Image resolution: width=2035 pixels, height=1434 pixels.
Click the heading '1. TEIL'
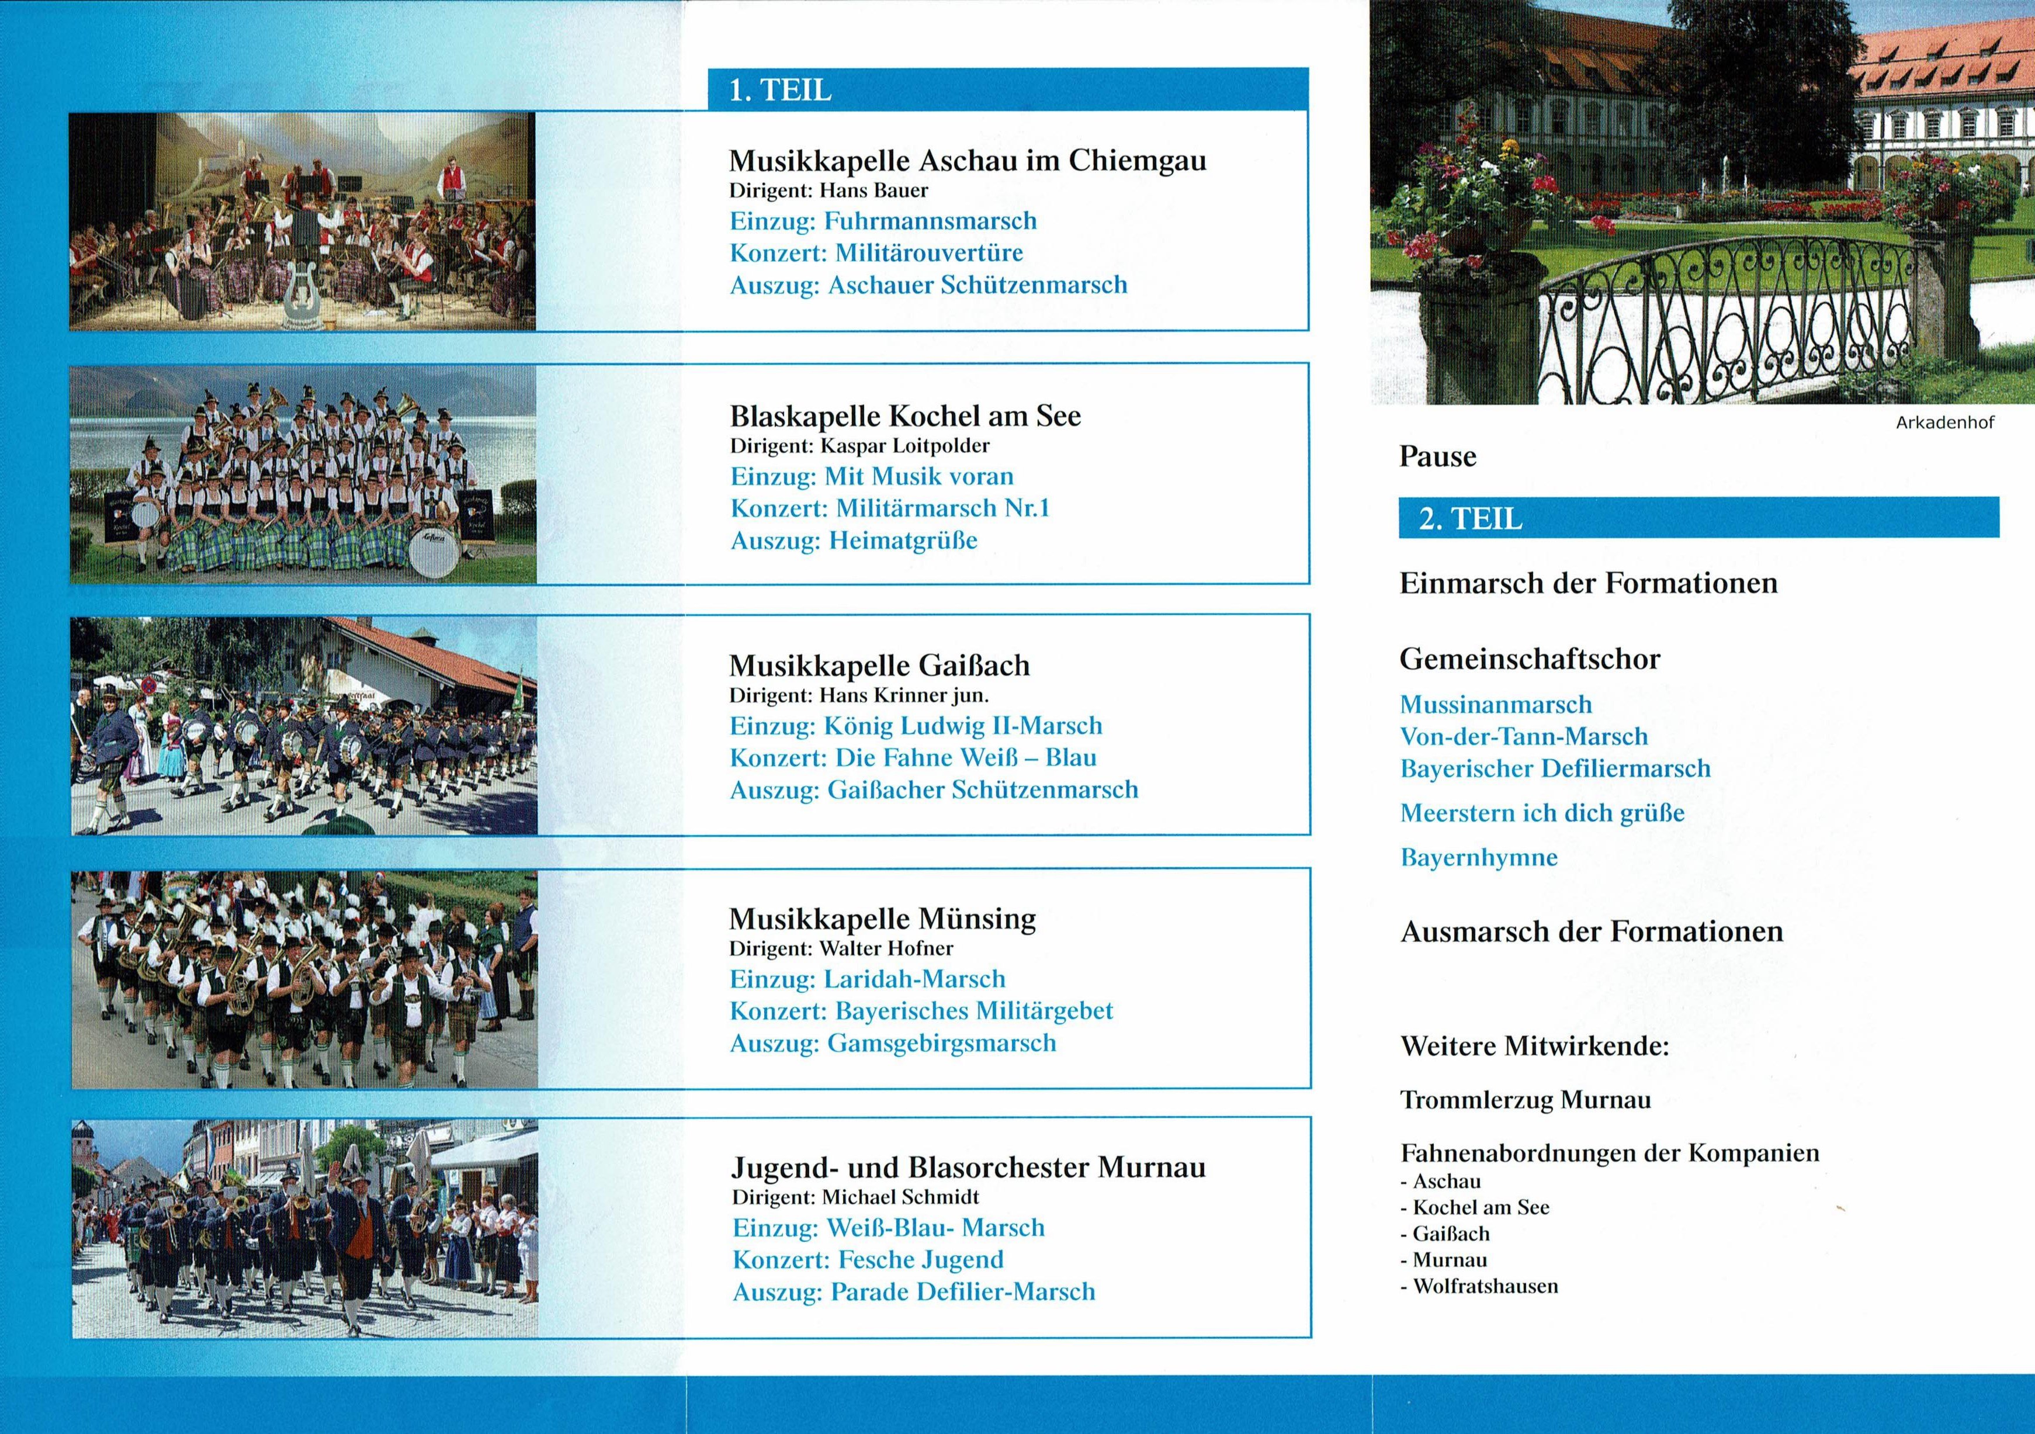(780, 91)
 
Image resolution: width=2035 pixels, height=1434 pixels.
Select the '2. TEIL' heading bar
(1698, 518)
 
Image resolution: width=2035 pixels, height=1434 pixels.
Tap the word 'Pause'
(1438, 456)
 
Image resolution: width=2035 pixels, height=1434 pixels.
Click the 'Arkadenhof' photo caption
(1944, 422)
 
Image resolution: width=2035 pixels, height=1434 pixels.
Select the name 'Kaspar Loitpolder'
(904, 446)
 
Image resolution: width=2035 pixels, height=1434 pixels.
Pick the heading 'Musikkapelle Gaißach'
(879, 666)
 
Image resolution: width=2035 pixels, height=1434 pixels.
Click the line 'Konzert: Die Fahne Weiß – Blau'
(912, 758)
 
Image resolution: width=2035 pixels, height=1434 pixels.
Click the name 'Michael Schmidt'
(900, 1197)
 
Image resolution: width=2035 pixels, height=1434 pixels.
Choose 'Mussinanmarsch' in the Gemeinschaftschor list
(1495, 705)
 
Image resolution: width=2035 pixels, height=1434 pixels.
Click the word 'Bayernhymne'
(1478, 857)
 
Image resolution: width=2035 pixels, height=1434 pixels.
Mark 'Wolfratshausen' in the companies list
(1485, 1286)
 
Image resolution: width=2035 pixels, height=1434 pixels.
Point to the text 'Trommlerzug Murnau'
(1524, 1100)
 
